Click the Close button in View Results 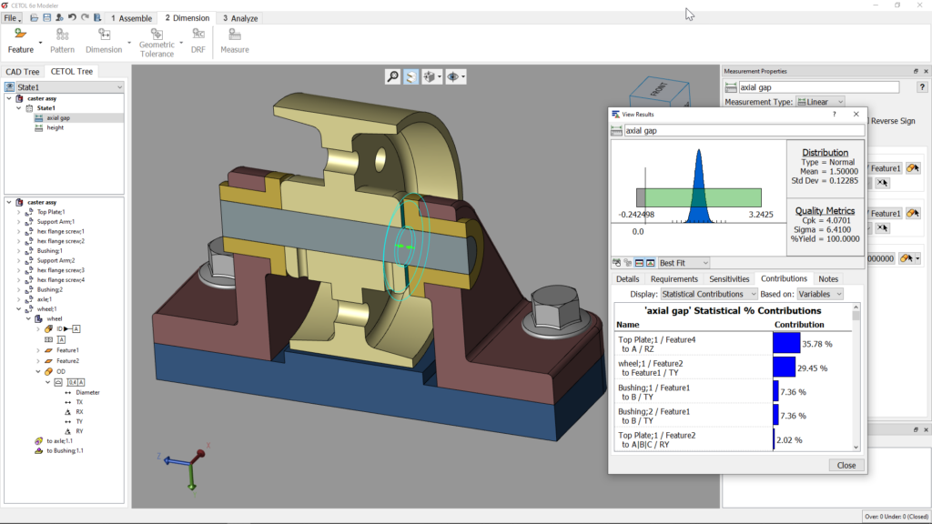[846, 465]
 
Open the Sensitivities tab [729, 278]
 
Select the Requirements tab [674, 278]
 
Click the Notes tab [828, 278]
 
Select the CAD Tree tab [23, 72]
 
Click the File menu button [12, 18]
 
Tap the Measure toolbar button [234, 41]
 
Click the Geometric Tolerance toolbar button [157, 41]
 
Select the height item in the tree [56, 128]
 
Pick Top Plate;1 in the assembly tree [56, 212]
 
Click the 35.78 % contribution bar [786, 342]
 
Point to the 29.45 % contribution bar [784, 367]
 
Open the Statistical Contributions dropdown [709, 294]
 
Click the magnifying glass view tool [392, 77]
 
